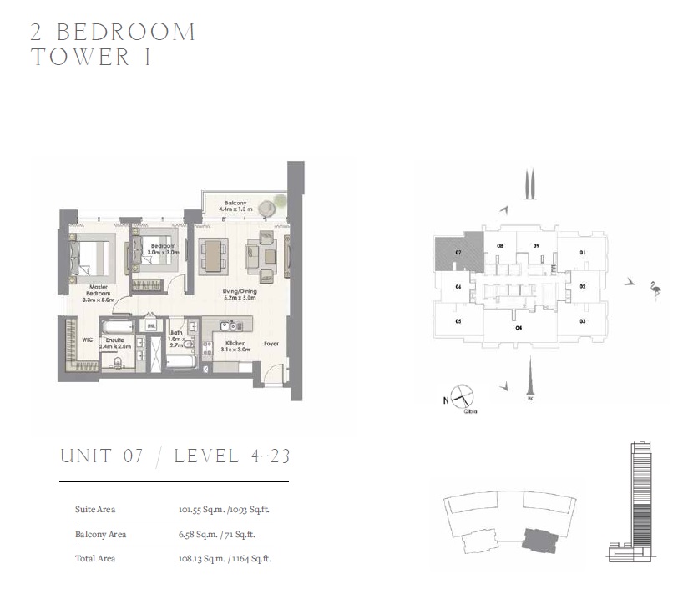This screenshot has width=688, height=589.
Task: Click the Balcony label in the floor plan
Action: click(x=234, y=204)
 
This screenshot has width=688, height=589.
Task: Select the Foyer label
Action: click(x=271, y=343)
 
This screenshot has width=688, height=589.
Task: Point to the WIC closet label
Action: click(x=87, y=340)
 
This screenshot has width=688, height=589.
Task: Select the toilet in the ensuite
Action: click(x=118, y=361)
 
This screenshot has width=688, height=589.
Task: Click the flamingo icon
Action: click(x=655, y=290)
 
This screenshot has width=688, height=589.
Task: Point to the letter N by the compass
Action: click(x=444, y=400)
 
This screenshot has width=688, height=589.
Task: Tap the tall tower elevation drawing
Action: click(x=640, y=501)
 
